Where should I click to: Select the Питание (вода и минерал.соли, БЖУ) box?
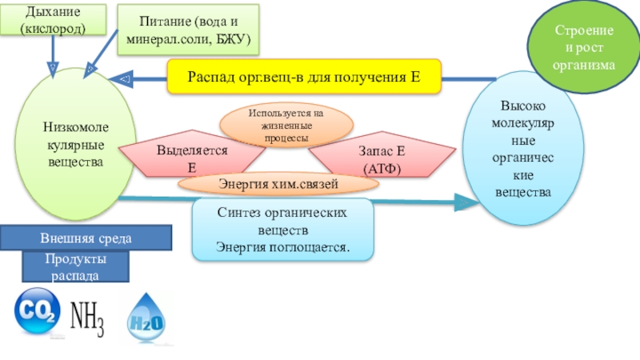click(189, 28)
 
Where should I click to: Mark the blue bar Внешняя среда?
click(86, 238)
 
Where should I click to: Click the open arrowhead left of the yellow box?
click(122, 79)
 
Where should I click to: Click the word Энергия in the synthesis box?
click(242, 246)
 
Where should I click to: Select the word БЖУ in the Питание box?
click(232, 38)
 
